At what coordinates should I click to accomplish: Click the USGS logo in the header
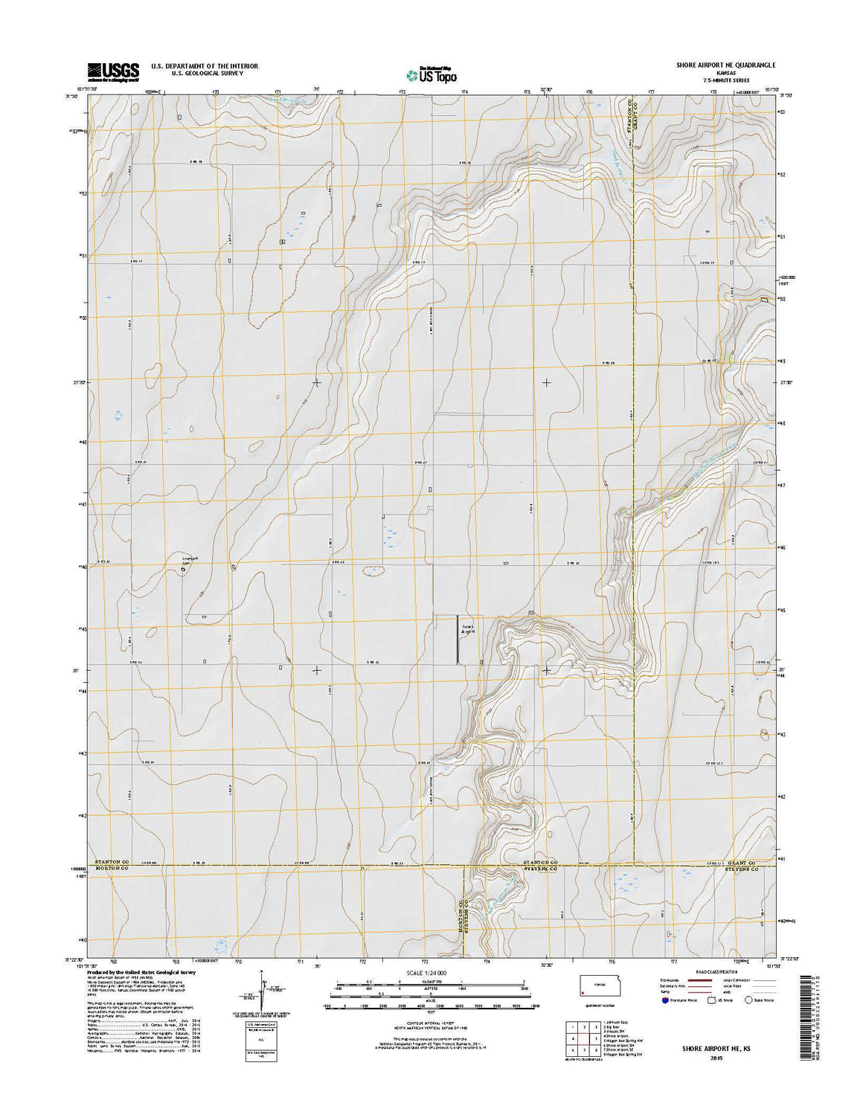tap(113, 71)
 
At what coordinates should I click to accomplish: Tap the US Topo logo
tap(431, 74)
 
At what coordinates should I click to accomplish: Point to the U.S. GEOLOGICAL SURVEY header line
tap(205, 74)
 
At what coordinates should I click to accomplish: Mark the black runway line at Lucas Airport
tap(457, 639)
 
